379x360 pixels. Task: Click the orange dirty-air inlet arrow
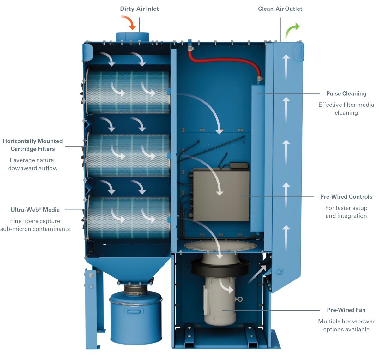(x=130, y=22)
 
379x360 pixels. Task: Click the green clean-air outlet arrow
(x=292, y=30)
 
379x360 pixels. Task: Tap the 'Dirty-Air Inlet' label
(x=139, y=9)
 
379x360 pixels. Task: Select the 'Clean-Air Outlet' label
(x=280, y=9)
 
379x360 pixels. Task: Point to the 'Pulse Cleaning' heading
(x=346, y=93)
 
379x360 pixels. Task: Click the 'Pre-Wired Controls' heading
(x=346, y=197)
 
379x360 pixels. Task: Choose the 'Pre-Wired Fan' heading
(x=346, y=310)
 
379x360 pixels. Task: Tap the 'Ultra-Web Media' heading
(x=35, y=210)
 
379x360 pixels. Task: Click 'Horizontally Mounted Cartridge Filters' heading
(x=33, y=145)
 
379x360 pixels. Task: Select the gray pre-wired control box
(x=221, y=196)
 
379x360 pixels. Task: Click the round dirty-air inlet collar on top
(x=133, y=36)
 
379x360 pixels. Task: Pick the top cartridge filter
(x=128, y=92)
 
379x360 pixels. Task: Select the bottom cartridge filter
(x=128, y=218)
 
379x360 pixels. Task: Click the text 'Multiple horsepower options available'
(x=346, y=325)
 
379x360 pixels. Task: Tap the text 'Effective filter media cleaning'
(x=346, y=109)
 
